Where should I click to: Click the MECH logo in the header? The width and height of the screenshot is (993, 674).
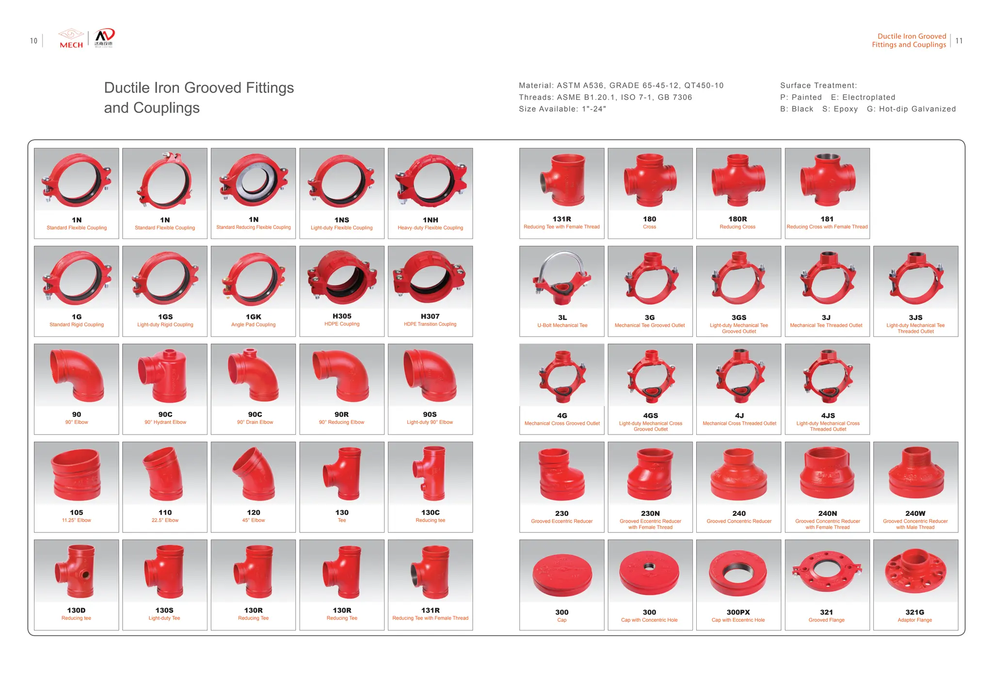click(x=71, y=39)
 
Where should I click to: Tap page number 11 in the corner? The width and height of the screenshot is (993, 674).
click(x=959, y=41)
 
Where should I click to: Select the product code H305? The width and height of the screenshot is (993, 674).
click(x=342, y=316)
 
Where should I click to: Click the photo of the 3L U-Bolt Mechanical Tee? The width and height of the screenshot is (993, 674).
click(x=561, y=278)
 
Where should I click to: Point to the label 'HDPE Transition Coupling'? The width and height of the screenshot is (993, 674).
click(x=430, y=324)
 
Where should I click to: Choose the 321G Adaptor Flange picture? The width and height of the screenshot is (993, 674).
click(x=915, y=572)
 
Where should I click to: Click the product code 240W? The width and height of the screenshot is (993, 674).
click(x=915, y=513)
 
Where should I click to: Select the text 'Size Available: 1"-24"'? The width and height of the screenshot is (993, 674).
click(x=562, y=109)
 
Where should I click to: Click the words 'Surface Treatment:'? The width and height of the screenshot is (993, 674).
click(x=818, y=85)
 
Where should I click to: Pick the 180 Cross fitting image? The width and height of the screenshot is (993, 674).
click(x=650, y=179)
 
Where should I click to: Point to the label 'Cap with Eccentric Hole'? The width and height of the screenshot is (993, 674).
click(x=738, y=620)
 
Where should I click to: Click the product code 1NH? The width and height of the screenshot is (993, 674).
click(x=430, y=220)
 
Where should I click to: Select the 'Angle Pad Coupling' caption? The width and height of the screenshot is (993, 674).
click(x=253, y=325)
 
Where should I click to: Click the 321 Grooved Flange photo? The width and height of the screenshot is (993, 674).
click(x=826, y=572)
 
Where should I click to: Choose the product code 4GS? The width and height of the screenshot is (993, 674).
click(x=650, y=416)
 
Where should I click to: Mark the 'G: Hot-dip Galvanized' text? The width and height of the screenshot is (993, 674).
click(x=911, y=109)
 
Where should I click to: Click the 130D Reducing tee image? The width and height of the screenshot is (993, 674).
click(x=76, y=571)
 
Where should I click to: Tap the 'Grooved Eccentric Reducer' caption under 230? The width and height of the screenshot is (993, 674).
click(x=561, y=521)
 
